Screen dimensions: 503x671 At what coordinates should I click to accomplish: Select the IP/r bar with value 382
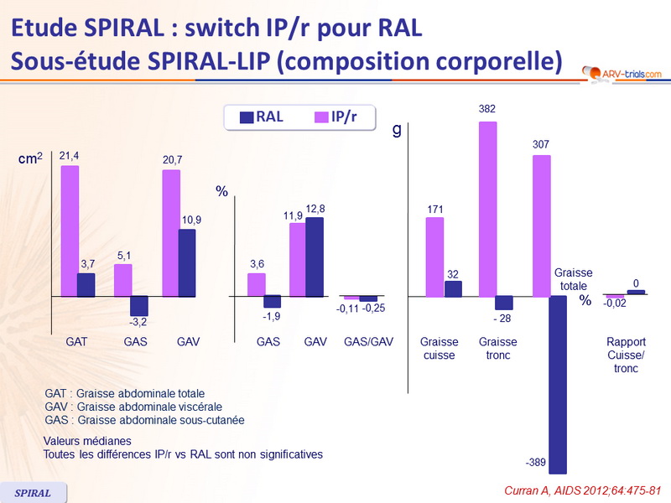pyautogui.click(x=488, y=209)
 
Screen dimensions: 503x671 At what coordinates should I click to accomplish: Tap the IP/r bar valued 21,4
pyautogui.click(x=70, y=231)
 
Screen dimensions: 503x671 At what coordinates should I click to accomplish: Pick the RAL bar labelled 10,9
pyautogui.click(x=186, y=262)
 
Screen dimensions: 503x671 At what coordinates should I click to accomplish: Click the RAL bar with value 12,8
pyautogui.click(x=315, y=257)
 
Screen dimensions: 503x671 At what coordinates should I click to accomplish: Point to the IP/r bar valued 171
pyautogui.click(x=434, y=257)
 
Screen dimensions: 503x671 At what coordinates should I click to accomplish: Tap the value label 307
pyautogui.click(x=541, y=144)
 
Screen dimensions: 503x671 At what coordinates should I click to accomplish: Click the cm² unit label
pyautogui.click(x=31, y=158)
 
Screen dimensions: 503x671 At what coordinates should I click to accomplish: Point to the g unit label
pyautogui.click(x=397, y=131)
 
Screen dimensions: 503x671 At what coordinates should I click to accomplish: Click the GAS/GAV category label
pyautogui.click(x=369, y=342)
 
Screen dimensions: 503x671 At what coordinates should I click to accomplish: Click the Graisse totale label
pyautogui.click(x=574, y=279)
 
